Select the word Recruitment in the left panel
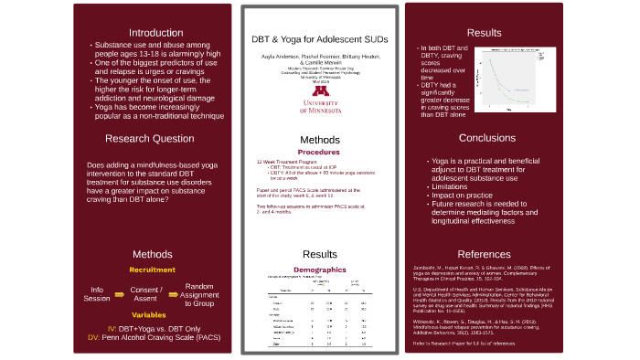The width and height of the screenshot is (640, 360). point(152,270)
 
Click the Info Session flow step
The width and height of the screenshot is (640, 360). point(97,294)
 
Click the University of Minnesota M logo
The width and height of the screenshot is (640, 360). point(320,91)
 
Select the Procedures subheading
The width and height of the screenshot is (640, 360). point(319,152)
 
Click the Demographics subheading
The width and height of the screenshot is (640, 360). point(319,269)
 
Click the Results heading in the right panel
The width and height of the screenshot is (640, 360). point(485,33)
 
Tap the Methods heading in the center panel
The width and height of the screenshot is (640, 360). point(319,140)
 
